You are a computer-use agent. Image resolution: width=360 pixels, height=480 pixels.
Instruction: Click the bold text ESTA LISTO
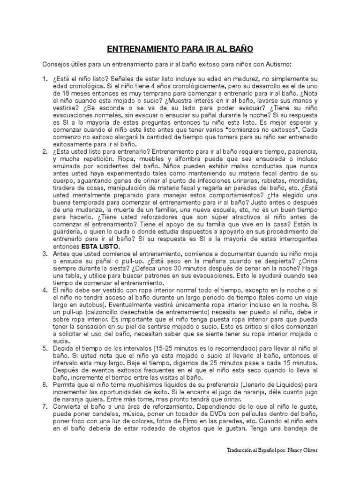pyautogui.click(x=101, y=246)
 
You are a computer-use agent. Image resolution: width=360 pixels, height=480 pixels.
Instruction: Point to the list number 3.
pyautogui.click(x=45, y=253)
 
